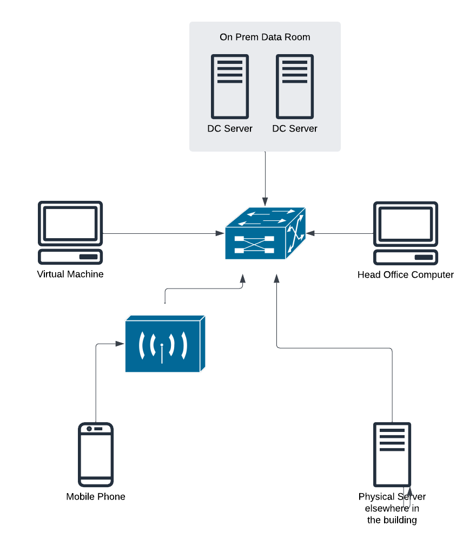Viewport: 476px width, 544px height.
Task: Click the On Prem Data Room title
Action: click(265, 37)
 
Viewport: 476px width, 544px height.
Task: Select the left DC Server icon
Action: click(230, 86)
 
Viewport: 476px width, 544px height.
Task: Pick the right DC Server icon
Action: click(295, 86)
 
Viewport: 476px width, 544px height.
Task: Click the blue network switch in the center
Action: click(265, 233)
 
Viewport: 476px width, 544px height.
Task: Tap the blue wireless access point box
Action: click(165, 344)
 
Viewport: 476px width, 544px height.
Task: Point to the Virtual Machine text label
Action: click(70, 274)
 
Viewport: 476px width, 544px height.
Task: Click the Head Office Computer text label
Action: click(406, 274)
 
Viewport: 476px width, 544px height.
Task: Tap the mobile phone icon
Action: click(96, 455)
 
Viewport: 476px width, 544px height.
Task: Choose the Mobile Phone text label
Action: click(96, 496)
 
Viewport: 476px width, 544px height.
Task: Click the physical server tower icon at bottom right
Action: click(392, 454)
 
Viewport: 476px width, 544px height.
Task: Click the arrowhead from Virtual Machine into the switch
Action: click(220, 233)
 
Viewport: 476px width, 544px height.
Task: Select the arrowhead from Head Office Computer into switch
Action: click(310, 233)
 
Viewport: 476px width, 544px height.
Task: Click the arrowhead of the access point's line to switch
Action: click(243, 278)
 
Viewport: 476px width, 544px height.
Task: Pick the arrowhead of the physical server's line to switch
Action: click(277, 278)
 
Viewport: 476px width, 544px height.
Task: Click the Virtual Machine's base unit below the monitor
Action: click(70, 256)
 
